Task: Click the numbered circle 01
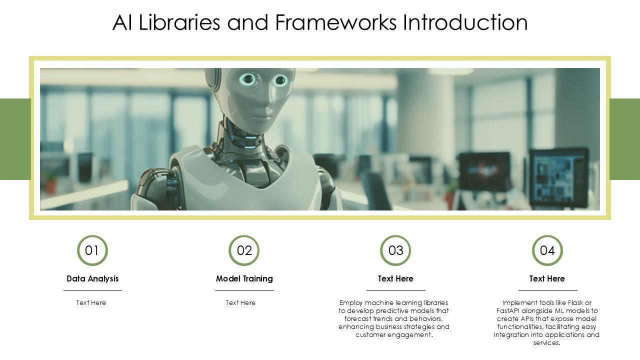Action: tap(92, 250)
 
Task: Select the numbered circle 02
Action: tap(244, 250)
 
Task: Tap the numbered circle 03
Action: tap(395, 250)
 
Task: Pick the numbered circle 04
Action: tap(547, 250)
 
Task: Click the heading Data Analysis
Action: tap(92, 278)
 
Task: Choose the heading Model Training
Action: tap(244, 278)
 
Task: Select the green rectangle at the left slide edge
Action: tap(15, 139)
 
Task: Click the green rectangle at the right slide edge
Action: tap(625, 139)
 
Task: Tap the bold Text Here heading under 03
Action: tap(395, 278)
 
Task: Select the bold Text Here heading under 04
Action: tap(547, 278)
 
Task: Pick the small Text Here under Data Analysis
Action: tap(91, 302)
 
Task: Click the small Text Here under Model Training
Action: tap(240, 302)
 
